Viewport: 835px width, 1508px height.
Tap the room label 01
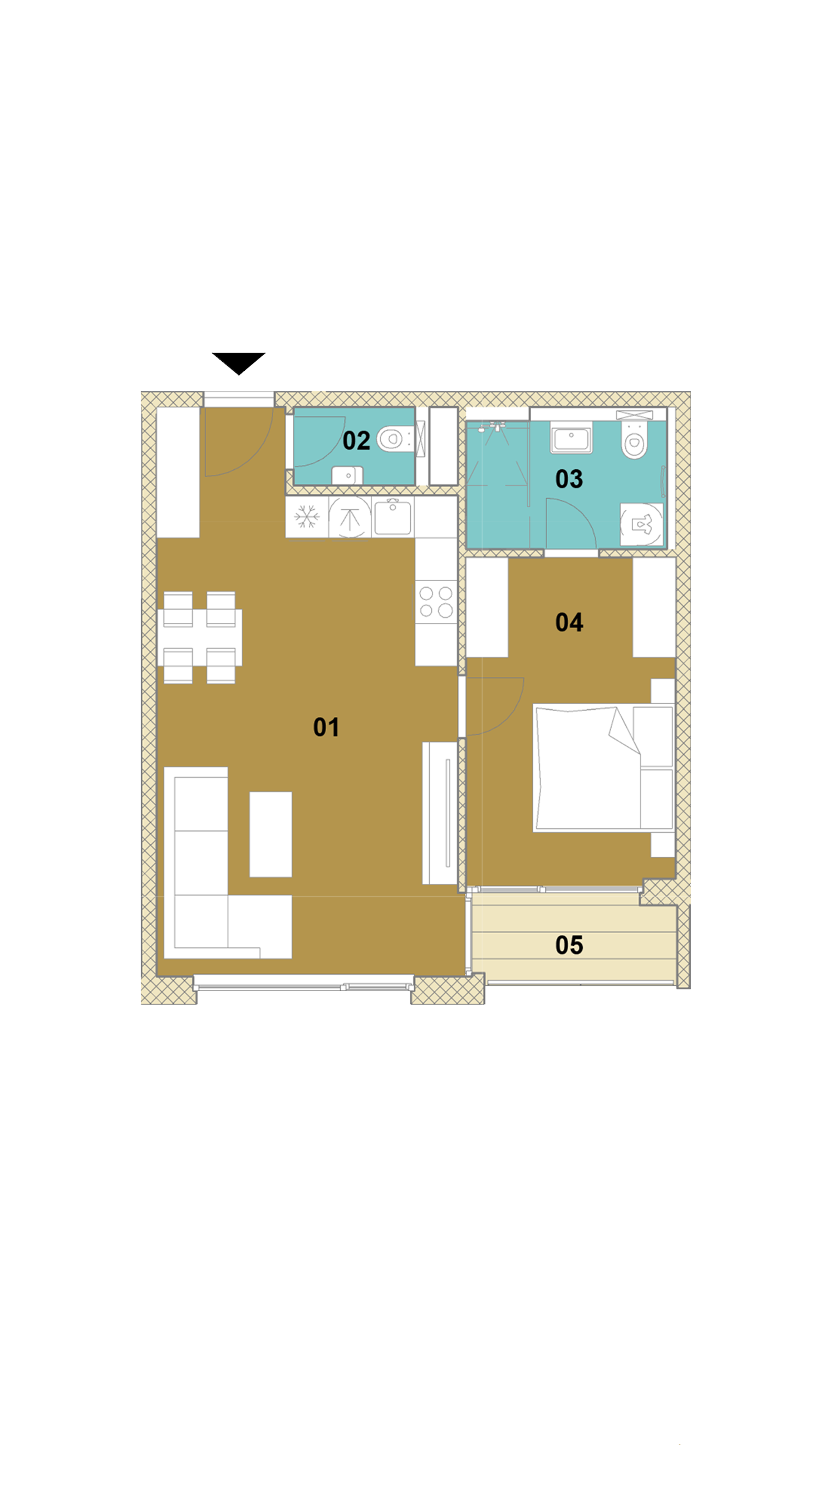[x=326, y=727]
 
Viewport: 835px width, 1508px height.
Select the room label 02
[x=356, y=441]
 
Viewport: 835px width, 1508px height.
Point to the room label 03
[x=568, y=479]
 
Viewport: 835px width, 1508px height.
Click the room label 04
[x=568, y=622]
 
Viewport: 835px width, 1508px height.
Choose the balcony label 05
[x=568, y=945]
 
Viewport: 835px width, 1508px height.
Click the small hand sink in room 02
[x=347, y=475]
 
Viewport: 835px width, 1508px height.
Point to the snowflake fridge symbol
[x=307, y=517]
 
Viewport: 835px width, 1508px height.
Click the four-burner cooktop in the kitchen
[x=436, y=602]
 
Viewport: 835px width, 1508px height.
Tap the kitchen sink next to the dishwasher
[x=392, y=517]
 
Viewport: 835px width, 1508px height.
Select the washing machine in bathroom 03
[x=642, y=524]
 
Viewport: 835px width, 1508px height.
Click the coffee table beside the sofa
[x=271, y=834]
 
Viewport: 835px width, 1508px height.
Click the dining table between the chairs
[x=200, y=637]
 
